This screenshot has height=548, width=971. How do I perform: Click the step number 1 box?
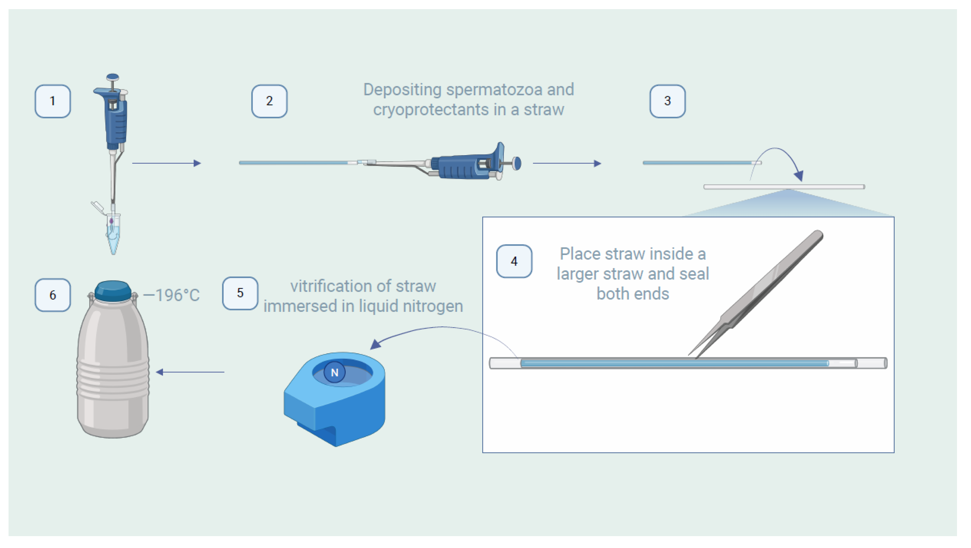point(52,101)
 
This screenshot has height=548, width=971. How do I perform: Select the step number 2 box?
point(269,101)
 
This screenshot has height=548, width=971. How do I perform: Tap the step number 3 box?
point(667,101)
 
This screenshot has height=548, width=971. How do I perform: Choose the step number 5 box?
point(240,293)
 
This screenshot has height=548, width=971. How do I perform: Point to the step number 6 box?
point(52,295)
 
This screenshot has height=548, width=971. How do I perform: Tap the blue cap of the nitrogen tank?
point(113,291)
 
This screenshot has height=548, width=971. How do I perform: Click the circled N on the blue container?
point(334,372)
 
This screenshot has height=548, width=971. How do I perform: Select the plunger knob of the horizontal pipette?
point(517,163)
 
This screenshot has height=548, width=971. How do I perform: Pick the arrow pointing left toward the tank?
point(190,372)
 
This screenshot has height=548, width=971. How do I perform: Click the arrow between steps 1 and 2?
point(166,163)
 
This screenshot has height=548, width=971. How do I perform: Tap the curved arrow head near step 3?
point(798,176)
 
